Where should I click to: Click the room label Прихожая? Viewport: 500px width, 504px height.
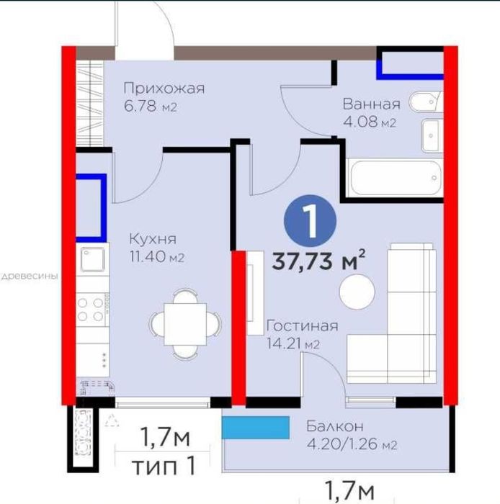point(164,89)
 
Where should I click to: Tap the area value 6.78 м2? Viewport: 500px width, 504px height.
point(151,106)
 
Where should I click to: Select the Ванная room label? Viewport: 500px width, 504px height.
point(371,104)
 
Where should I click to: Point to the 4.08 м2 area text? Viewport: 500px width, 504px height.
point(370,122)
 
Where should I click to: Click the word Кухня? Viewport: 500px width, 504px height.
point(153,239)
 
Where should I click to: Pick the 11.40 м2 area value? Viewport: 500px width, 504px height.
point(157,257)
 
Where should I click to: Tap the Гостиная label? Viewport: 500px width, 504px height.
point(303,326)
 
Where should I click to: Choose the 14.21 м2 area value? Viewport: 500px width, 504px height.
point(293,343)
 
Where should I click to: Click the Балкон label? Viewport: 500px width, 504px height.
point(335,426)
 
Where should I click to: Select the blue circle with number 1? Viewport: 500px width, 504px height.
point(310,221)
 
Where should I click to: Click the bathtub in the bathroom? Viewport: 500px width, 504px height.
point(396,178)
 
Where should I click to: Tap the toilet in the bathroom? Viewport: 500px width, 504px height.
point(425,102)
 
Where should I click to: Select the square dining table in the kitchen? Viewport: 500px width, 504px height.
point(186,324)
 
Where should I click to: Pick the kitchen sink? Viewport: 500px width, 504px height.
point(93,259)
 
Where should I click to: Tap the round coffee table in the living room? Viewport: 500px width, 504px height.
point(357,292)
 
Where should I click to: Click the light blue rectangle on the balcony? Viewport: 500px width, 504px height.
point(256,428)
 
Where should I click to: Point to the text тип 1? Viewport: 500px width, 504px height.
point(164,466)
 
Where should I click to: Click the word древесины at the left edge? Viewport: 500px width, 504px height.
point(30,276)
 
